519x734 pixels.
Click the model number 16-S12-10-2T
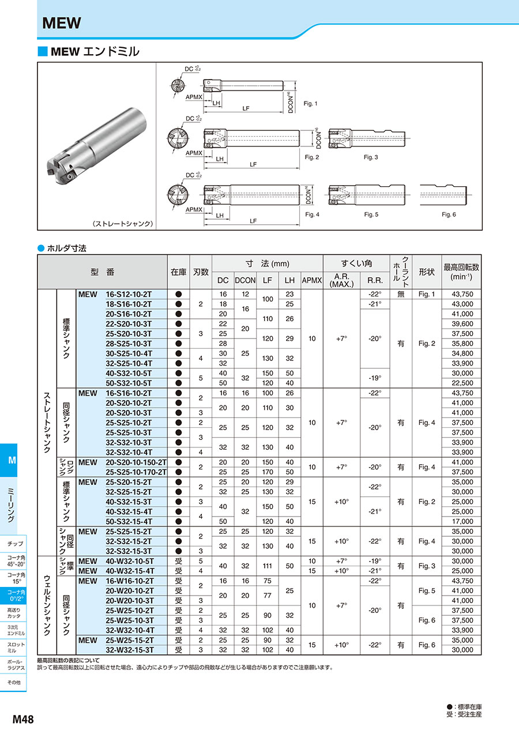pyautogui.click(x=129, y=294)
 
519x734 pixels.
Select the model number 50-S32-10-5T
pyautogui.click(x=129, y=383)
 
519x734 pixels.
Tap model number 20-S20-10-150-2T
pyautogui.click(x=136, y=462)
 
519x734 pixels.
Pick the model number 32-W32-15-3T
pyautogui.click(x=129, y=650)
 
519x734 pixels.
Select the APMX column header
pyautogui.click(x=312, y=280)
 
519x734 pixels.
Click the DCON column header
pyautogui.click(x=245, y=280)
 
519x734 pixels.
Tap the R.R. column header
pyautogui.click(x=375, y=280)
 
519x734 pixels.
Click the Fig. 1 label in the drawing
pyautogui.click(x=311, y=104)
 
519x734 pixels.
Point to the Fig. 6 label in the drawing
pyautogui.click(x=449, y=214)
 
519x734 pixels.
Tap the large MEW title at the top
pyautogui.click(x=62, y=24)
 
